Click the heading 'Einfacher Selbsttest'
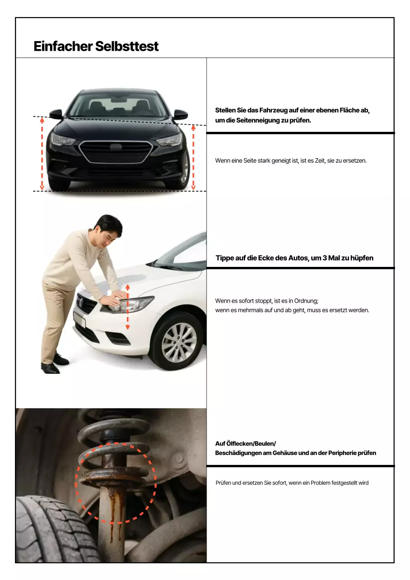click(96, 46)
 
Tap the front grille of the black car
click(116, 152)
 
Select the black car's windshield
click(117, 105)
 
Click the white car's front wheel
click(179, 342)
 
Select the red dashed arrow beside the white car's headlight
click(128, 307)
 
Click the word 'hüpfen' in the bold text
click(362, 258)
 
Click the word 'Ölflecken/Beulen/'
click(245, 444)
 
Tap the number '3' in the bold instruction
click(325, 258)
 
